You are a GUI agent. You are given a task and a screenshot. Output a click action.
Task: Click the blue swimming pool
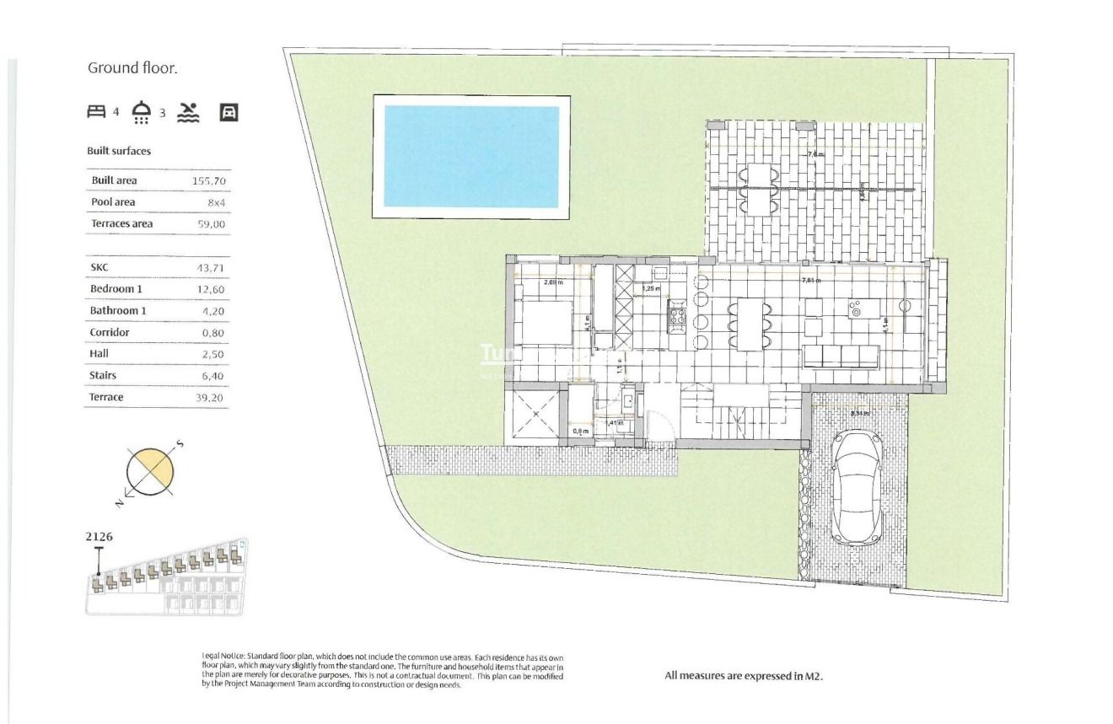coord(471,156)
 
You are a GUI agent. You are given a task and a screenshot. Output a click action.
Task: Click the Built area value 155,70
coord(209,181)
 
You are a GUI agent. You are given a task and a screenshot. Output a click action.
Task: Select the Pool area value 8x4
coord(215,203)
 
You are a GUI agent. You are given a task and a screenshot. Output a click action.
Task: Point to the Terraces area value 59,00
coord(210,225)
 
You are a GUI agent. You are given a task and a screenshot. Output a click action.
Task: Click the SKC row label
coord(99,268)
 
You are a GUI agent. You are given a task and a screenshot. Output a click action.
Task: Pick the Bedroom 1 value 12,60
coord(210,290)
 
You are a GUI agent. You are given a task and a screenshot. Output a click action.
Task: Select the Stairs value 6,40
coord(212,376)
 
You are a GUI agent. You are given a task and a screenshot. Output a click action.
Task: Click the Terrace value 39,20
coord(210,398)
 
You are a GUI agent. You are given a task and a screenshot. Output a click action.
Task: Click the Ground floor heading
coord(132,68)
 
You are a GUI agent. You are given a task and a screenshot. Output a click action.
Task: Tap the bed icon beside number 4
coord(97,111)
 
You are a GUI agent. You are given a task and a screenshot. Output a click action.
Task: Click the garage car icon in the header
coord(229,112)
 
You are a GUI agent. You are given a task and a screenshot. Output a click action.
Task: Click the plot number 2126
coord(99,536)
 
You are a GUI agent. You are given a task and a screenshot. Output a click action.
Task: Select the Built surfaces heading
coord(119,151)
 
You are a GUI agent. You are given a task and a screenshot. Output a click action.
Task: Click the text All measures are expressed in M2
coord(743,676)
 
